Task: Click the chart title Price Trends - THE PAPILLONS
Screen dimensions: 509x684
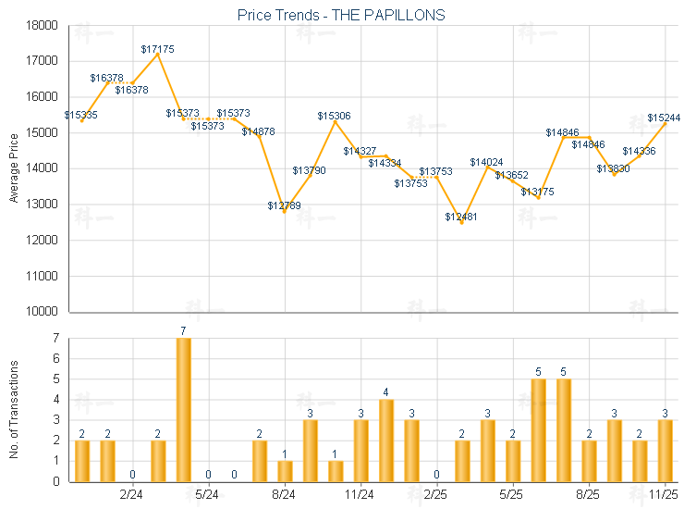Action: click(x=342, y=15)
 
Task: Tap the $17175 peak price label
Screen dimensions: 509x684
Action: click(x=157, y=48)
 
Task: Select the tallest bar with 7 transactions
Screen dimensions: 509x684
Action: click(x=183, y=409)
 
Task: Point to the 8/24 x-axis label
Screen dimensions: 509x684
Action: click(x=285, y=495)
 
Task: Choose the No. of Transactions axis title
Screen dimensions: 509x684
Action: click(x=13, y=410)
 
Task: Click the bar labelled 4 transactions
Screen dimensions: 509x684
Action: click(x=386, y=440)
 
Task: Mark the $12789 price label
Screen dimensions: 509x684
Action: click(x=284, y=205)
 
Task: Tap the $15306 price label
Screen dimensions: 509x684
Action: click(x=334, y=116)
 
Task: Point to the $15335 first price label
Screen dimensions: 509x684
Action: click(x=81, y=115)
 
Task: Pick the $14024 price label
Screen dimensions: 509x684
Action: click(x=486, y=162)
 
